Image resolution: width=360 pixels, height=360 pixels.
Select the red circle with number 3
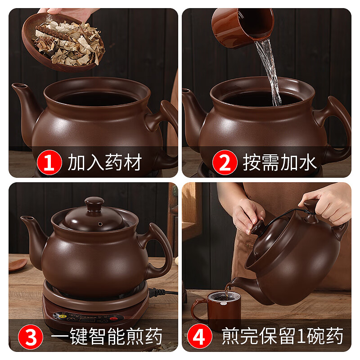coord(31,336)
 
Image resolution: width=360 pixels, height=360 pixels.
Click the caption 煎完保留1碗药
coord(283,336)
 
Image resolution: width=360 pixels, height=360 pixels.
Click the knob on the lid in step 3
coord(94,204)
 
